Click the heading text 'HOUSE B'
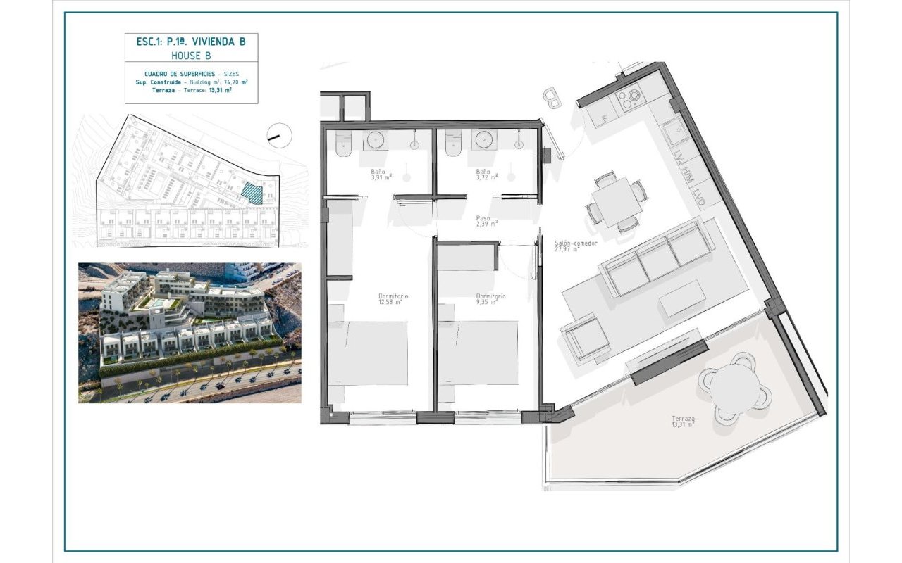point(190,55)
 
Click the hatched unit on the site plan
point(252,192)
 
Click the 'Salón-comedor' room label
point(576,243)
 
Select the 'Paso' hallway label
point(483,218)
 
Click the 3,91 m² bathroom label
point(381,175)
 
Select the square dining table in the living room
point(616,200)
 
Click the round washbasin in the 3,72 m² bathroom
point(485,139)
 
